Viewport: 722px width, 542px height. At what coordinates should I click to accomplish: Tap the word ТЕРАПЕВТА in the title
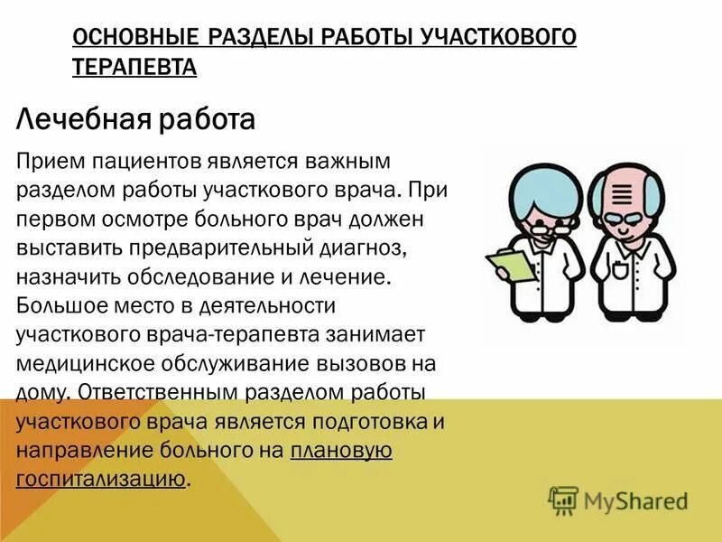[x=134, y=68]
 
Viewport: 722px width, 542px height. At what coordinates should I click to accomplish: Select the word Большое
[x=57, y=305]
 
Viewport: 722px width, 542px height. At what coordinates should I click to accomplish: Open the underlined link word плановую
[x=341, y=450]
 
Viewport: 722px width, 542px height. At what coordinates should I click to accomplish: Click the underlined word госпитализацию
[x=100, y=479]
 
